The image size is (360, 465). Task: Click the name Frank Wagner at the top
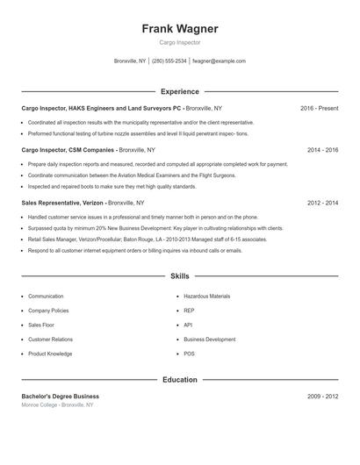180,28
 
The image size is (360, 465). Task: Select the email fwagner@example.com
219,61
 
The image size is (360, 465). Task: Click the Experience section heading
180,91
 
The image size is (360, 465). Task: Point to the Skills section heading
180,275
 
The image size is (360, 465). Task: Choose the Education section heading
180,380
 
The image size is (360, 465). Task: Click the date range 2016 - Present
319,108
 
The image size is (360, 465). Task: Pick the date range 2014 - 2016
322,150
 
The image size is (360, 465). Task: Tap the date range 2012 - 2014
322,203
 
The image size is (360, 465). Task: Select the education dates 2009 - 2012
322,397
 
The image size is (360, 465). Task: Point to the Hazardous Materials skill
207,297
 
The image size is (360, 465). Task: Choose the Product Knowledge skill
50,354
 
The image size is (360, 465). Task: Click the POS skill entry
189,354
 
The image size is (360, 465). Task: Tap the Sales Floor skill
42,325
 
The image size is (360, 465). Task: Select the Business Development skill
209,339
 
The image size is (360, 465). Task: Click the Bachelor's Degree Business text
60,397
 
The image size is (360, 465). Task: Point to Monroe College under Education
40,405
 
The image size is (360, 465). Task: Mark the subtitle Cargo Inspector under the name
180,43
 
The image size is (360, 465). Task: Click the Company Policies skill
49,311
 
